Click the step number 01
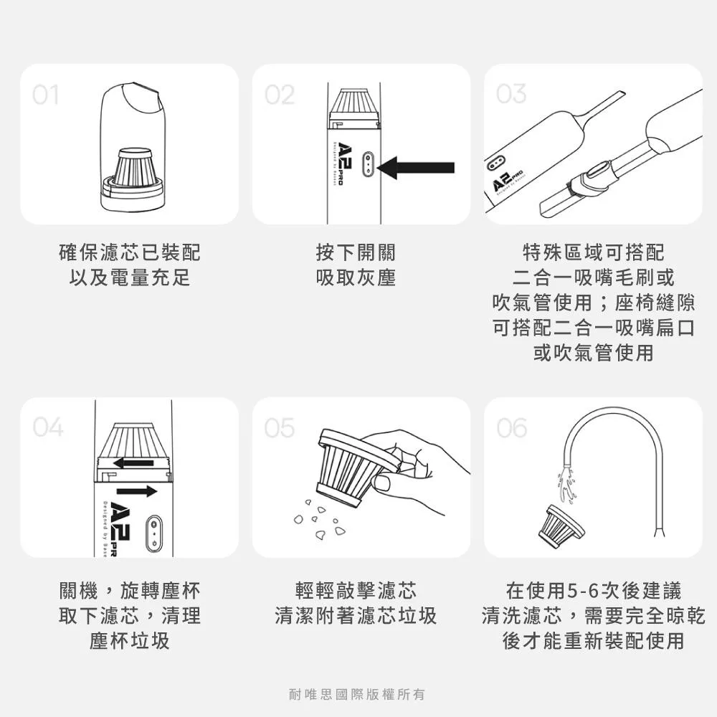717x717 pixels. click(45, 95)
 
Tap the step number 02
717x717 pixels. click(279, 95)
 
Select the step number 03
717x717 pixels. click(511, 94)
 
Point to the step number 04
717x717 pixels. click(47, 427)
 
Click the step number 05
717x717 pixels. click(279, 428)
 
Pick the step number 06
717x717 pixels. click(512, 428)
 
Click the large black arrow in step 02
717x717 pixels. click(416, 168)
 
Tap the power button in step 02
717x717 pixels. click(367, 164)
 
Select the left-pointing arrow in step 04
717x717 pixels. click(133, 462)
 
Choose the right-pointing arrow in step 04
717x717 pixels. click(136, 491)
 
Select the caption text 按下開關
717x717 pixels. click(356, 252)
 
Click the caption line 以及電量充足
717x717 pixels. click(130, 277)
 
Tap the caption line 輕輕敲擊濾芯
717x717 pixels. click(356, 592)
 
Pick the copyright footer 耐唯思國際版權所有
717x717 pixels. click(356, 694)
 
